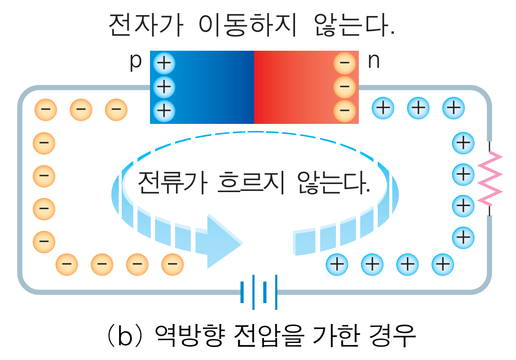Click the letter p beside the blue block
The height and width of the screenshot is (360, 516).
point(135,63)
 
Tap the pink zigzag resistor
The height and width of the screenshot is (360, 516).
point(490,178)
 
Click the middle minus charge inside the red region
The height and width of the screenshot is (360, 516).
point(344,86)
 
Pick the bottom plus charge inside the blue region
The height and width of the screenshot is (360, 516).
point(164,110)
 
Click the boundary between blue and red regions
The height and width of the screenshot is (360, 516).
point(254,87)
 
